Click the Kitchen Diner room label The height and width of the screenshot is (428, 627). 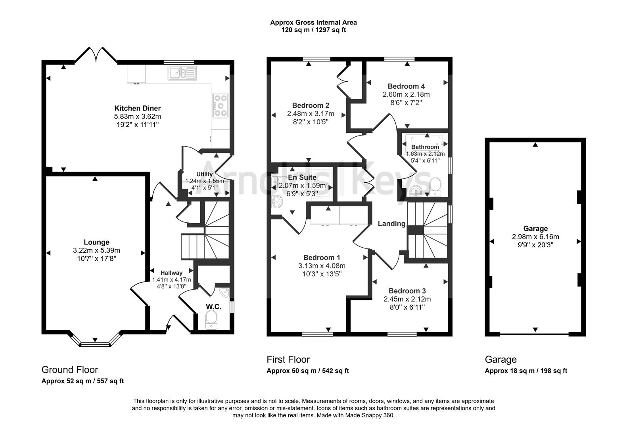pos(137,108)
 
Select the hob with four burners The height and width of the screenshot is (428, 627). pos(221,105)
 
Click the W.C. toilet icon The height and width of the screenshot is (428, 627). pos(211,319)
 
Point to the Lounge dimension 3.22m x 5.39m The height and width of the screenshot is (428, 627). pos(96,250)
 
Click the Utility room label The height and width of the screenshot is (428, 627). pos(205,174)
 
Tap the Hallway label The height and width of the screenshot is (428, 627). pos(171,273)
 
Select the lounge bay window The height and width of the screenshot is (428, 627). pos(95,341)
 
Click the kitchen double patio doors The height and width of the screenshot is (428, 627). pos(96,55)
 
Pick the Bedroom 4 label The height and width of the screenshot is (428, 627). pos(406,86)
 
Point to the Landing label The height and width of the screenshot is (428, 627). pos(391,224)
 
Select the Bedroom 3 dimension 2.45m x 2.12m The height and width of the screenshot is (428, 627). pos(407,299)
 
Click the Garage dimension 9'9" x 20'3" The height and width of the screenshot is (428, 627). pos(535,245)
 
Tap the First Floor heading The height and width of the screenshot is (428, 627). pos(288,359)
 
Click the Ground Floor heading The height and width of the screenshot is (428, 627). pos(70,370)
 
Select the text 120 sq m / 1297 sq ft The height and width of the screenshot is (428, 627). pos(313,30)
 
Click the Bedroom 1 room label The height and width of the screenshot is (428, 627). pos(322,258)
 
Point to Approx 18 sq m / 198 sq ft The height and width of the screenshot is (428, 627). pos(526,371)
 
